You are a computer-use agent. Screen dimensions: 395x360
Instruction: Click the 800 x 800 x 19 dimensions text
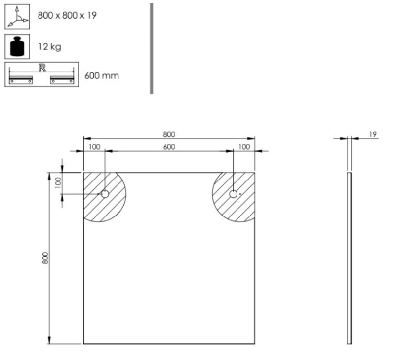[x=67, y=16]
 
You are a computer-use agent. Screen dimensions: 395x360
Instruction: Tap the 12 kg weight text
[x=50, y=47]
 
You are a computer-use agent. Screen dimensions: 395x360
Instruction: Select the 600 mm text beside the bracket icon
[x=102, y=76]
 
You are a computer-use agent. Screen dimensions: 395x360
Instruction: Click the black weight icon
[x=17, y=46]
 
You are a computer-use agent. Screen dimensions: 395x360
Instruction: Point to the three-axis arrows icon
[x=17, y=17]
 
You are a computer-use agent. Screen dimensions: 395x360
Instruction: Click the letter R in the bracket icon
[x=42, y=68]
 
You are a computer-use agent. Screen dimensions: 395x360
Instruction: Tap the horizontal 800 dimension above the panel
[x=169, y=134]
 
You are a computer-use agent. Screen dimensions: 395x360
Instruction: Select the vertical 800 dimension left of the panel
[x=45, y=258]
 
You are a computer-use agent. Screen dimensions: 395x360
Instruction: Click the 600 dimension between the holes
[x=169, y=147]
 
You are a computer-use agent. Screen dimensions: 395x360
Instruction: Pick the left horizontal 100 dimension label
[x=94, y=147]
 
